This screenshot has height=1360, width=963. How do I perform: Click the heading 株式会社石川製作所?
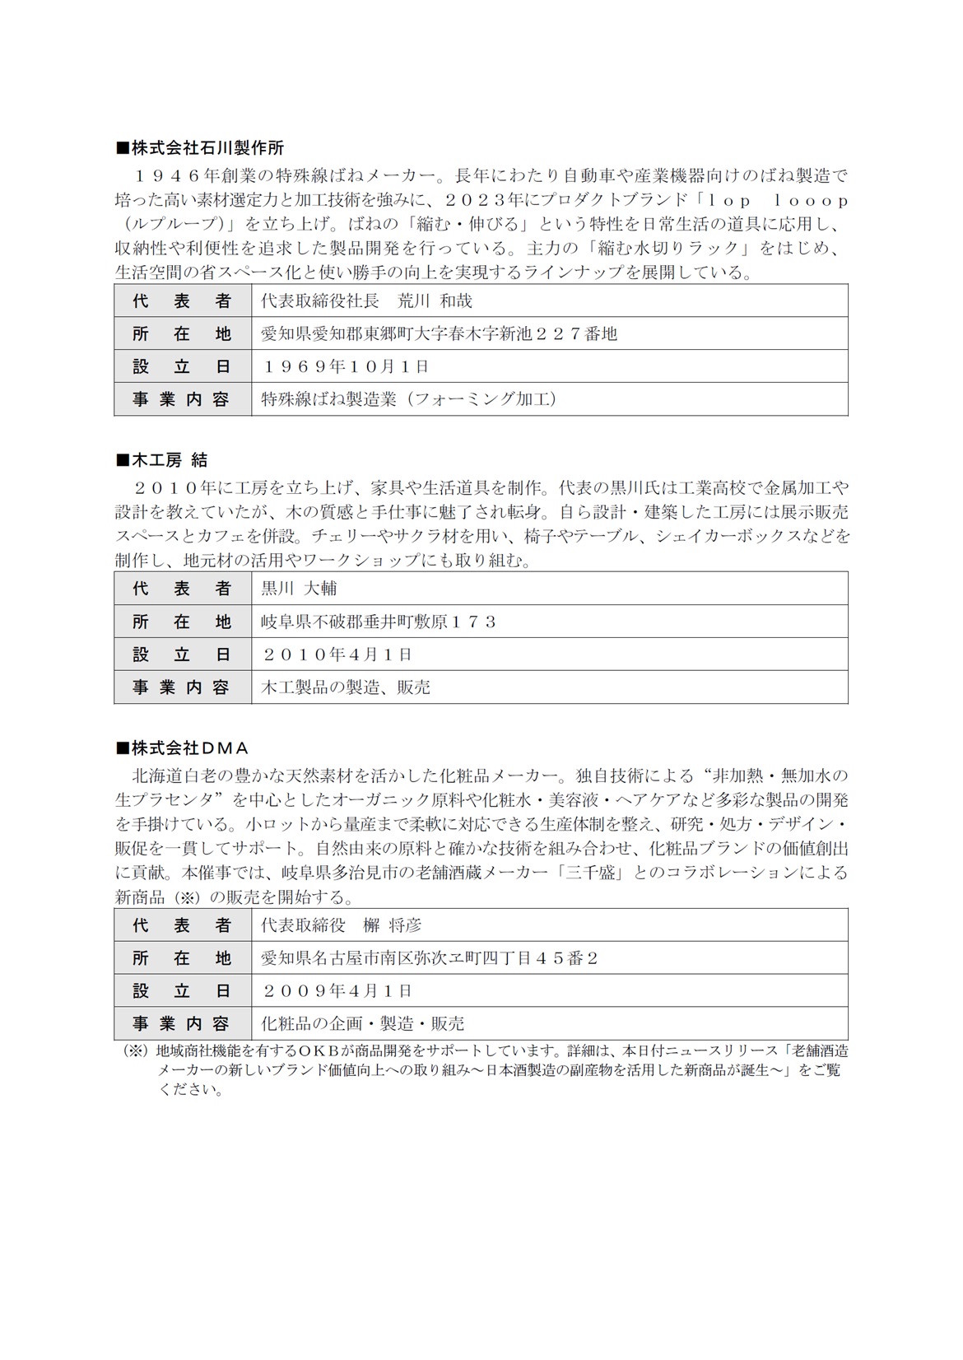(200, 148)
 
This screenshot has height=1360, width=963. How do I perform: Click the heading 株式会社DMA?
(182, 748)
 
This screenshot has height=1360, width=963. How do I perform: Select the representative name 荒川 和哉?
(435, 301)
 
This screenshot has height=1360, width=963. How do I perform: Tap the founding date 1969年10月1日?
(346, 366)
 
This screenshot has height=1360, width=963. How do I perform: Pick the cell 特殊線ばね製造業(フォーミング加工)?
(408, 399)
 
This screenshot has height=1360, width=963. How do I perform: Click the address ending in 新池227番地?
(439, 333)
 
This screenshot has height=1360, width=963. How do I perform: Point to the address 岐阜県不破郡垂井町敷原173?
(379, 622)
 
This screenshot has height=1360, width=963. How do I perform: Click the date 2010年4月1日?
(337, 654)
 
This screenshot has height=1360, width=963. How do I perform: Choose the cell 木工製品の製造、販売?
(346, 687)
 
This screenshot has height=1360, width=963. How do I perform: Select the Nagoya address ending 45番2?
(429, 958)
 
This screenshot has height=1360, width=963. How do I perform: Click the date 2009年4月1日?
(337, 990)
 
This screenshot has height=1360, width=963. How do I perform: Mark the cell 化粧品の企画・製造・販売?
(362, 1023)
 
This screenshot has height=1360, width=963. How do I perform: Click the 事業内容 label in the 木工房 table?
(182, 687)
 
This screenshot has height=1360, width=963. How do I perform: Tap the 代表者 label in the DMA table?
(182, 925)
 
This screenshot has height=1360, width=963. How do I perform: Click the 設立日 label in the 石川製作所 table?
(182, 366)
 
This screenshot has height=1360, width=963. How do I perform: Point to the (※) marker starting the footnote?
(134, 1051)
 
